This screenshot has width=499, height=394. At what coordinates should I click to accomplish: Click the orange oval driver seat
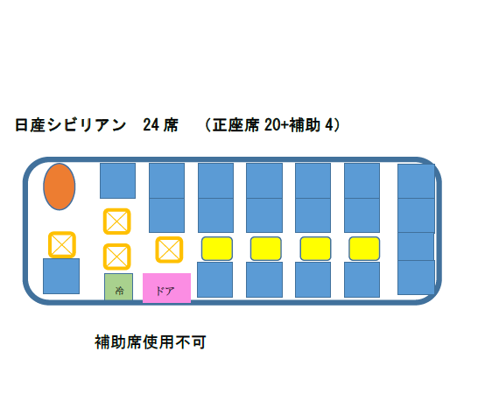pos(60,186)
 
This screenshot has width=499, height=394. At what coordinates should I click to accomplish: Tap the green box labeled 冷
pos(119,287)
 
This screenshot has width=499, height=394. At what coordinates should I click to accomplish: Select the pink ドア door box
pos(166,288)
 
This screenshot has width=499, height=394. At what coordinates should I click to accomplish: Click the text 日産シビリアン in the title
pos(71,124)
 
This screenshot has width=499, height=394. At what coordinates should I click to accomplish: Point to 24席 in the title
pos(160,124)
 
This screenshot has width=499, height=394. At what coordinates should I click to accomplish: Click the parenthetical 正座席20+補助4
pos(273,124)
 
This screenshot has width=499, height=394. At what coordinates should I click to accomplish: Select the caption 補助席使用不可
pos(151,342)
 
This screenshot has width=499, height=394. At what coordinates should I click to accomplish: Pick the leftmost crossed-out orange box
pos(62,245)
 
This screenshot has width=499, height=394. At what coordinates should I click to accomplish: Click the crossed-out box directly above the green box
pos(117,257)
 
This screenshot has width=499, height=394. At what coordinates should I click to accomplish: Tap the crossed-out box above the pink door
pos(169,250)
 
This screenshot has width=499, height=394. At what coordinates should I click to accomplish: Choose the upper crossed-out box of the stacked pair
pos(117,222)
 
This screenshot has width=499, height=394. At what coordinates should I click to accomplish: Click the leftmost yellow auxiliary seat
pos(217,249)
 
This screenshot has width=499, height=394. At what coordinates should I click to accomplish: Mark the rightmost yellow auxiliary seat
pos(364,249)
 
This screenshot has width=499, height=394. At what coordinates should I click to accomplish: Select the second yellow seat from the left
pos(266,249)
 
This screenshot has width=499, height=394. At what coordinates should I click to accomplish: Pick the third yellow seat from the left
pos(316,249)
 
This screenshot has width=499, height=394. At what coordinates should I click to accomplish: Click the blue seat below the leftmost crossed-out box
pos(61,276)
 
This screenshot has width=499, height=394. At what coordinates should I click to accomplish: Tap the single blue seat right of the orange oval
pos(118,180)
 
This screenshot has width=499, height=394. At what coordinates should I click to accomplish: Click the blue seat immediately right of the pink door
pos(215,280)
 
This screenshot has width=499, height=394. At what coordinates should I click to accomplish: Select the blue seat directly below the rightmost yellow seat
pos(362,280)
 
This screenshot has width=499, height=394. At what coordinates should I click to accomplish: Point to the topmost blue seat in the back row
pos(416,181)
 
